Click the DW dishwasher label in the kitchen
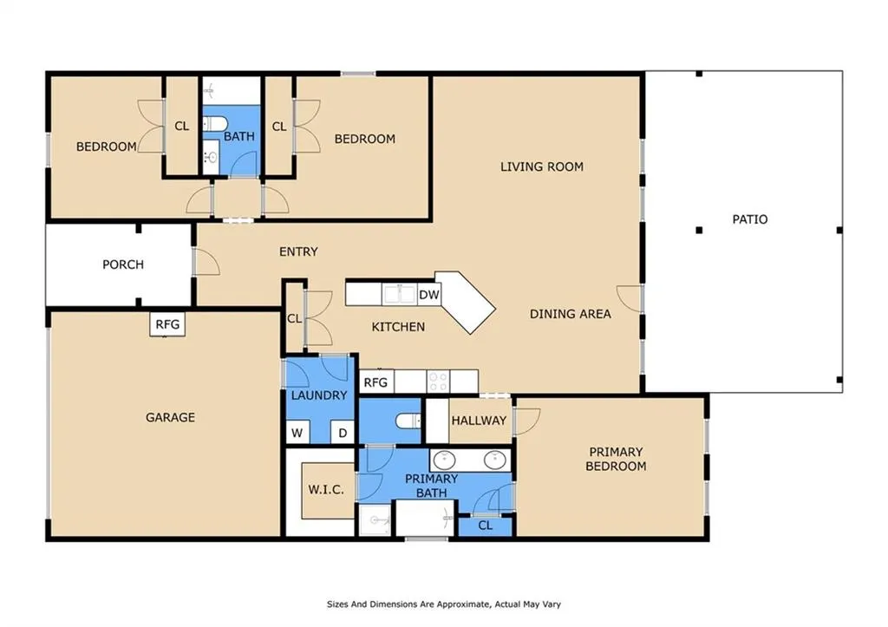coord(428,295)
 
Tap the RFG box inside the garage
coord(167,324)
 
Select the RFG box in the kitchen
coord(376,382)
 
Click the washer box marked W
coord(297,434)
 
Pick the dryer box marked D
coord(343,434)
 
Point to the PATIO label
coord(750,219)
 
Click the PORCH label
coord(123,265)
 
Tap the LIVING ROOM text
coord(542,167)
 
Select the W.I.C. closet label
coord(326,489)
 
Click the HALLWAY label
coord(479,421)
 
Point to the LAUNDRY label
coord(319,395)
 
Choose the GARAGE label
coord(171,417)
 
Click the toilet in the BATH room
coord(215,123)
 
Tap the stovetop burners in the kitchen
coord(437,382)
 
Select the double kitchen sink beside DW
coord(399,295)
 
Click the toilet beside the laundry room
coord(408,421)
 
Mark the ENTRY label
coord(298,251)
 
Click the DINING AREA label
coord(571,314)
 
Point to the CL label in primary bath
coord(486,526)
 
